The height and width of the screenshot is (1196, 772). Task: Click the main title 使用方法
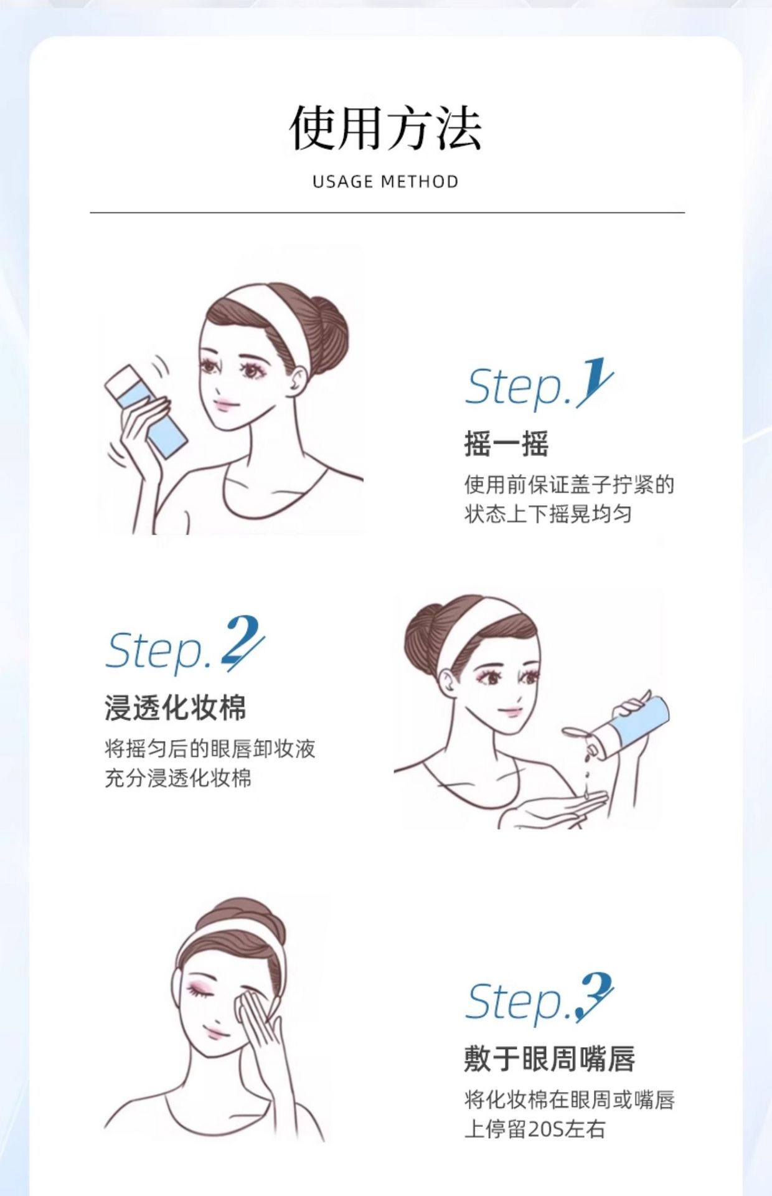click(x=385, y=128)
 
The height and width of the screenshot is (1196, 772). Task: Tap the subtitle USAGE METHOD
click(x=385, y=182)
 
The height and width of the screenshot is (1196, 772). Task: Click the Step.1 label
click(x=539, y=384)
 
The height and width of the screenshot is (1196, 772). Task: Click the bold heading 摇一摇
click(x=506, y=444)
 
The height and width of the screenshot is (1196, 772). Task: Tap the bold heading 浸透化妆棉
click(x=176, y=708)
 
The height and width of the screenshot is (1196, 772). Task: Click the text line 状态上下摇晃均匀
click(x=548, y=514)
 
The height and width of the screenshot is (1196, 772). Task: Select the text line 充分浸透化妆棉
click(x=178, y=778)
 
